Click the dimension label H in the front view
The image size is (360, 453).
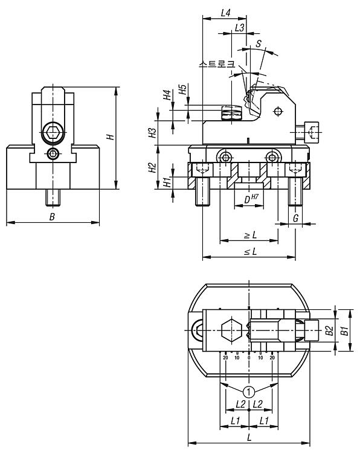(x=111, y=137)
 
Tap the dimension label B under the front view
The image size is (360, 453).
(x=52, y=217)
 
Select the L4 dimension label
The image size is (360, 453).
(x=225, y=13)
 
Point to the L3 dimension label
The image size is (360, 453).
(x=240, y=28)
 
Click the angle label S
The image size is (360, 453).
(x=259, y=43)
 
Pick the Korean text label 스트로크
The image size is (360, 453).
(x=217, y=64)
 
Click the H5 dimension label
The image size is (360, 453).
(x=182, y=89)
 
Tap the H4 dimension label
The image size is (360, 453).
(x=167, y=95)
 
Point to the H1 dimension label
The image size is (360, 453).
(x=167, y=182)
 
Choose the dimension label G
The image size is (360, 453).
(x=295, y=219)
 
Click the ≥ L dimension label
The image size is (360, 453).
(x=250, y=235)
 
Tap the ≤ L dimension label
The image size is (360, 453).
(x=250, y=252)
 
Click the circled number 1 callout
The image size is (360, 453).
(x=249, y=392)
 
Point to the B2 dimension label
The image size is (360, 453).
(x=330, y=331)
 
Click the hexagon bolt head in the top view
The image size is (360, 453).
(x=231, y=330)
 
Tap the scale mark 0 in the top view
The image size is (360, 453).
(x=249, y=358)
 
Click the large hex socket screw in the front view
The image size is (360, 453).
(x=53, y=132)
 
